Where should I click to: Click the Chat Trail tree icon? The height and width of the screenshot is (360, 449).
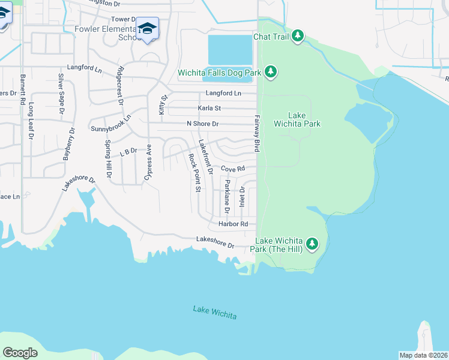point(298,37)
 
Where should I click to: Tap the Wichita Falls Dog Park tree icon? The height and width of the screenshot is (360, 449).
point(271,73)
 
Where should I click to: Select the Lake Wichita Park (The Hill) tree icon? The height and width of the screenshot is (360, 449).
point(312,244)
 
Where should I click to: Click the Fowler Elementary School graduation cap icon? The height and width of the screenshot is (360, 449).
point(147,28)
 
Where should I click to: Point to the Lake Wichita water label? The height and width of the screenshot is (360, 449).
point(215,312)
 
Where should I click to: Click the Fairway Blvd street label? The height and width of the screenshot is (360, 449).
point(257,133)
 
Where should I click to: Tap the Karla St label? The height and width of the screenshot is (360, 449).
point(209,108)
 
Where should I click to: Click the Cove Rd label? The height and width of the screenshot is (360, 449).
point(233,169)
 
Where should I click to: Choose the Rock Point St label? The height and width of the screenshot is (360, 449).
point(194,173)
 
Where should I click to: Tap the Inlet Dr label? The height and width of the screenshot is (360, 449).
point(243,197)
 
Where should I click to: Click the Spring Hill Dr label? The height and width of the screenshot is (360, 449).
point(108,159)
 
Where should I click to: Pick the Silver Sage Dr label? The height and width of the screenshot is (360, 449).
point(61,94)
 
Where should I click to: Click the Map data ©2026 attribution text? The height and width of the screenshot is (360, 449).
point(423,355)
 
